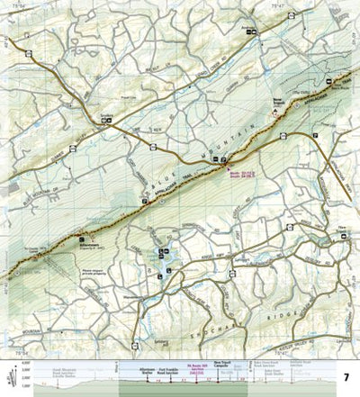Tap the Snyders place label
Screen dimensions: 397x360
pyautogui.click(x=107, y=114)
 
